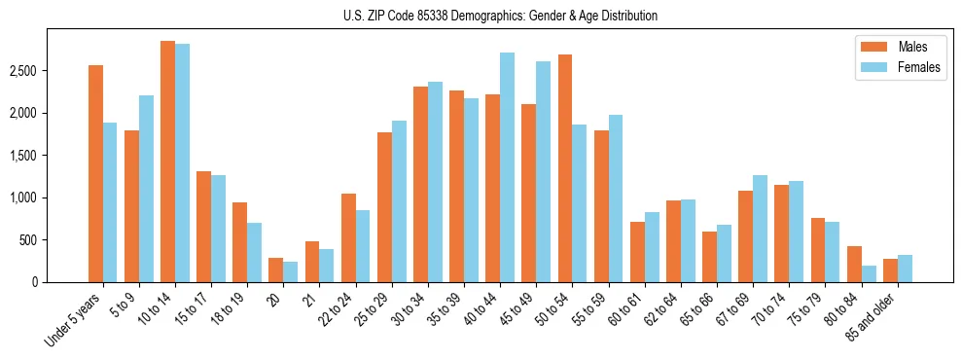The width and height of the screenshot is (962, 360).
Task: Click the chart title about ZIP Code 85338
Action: [x=500, y=16]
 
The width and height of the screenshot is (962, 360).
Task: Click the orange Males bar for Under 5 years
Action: [x=95, y=173]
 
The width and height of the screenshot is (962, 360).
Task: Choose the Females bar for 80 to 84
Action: [x=868, y=273]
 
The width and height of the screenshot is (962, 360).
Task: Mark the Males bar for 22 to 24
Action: [x=348, y=237]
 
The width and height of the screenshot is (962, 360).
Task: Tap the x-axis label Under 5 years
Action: [x=73, y=319]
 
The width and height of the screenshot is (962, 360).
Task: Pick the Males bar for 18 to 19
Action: [x=239, y=242]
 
